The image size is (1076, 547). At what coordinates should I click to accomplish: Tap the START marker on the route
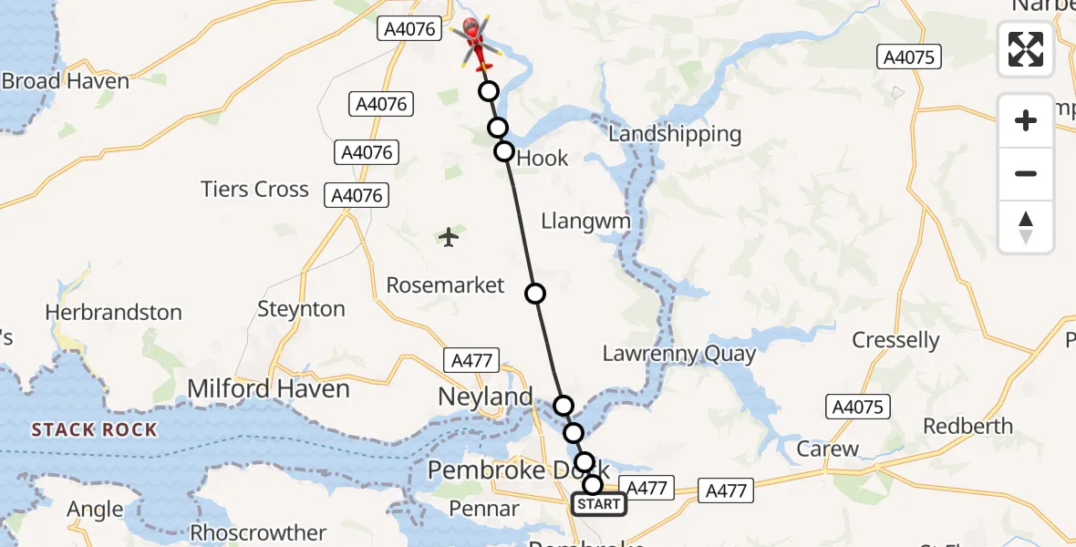pos(598,504)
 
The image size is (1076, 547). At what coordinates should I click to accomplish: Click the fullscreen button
pos(1026,49)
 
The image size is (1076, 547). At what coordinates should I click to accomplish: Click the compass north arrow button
pos(1026,227)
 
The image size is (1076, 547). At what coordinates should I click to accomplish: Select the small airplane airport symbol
pos(449,237)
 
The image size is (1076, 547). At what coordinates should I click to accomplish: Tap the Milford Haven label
pos(268,389)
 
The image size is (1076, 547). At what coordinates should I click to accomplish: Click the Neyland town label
pos(485,397)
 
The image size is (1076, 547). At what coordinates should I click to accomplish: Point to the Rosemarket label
pos(445,285)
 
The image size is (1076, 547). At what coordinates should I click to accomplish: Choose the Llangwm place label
pos(587,221)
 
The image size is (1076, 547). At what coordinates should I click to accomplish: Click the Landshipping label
pos(675,134)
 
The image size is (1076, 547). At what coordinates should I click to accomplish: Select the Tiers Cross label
pos(255,190)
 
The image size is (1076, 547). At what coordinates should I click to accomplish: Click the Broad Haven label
pos(66,81)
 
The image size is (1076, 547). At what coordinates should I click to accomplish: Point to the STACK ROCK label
pos(95,429)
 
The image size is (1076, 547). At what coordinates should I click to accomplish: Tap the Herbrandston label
pos(113,313)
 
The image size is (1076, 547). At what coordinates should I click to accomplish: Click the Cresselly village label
pos(895,340)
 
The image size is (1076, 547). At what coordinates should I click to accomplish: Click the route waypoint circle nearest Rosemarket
pos(535,294)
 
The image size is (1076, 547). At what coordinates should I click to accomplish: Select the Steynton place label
pos(302,309)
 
